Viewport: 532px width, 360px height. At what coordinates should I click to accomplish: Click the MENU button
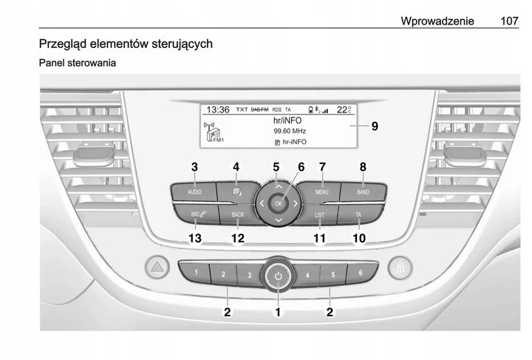pyautogui.click(x=322, y=191)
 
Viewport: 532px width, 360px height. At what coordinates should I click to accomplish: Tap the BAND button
pyautogui.click(x=363, y=191)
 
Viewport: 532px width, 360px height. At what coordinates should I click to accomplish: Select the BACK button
pyautogui.click(x=236, y=215)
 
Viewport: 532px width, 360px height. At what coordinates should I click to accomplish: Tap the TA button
pyautogui.click(x=358, y=215)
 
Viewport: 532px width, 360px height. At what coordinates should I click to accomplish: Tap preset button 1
pyautogui.click(x=197, y=274)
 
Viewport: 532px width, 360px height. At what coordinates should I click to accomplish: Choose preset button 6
pyautogui.click(x=360, y=274)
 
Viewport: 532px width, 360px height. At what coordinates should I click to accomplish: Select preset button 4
pyautogui.click(x=307, y=276)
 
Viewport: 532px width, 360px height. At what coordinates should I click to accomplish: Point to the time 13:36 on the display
pyautogui.click(x=217, y=109)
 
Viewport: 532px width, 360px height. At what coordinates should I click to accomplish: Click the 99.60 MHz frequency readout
pyautogui.click(x=290, y=129)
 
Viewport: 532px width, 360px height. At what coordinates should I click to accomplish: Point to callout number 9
pyautogui.click(x=375, y=126)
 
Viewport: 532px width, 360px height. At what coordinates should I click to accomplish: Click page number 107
pyautogui.click(x=509, y=21)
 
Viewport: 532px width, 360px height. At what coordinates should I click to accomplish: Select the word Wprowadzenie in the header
pyautogui.click(x=437, y=21)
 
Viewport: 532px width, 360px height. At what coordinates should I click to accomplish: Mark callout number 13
pyautogui.click(x=194, y=238)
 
